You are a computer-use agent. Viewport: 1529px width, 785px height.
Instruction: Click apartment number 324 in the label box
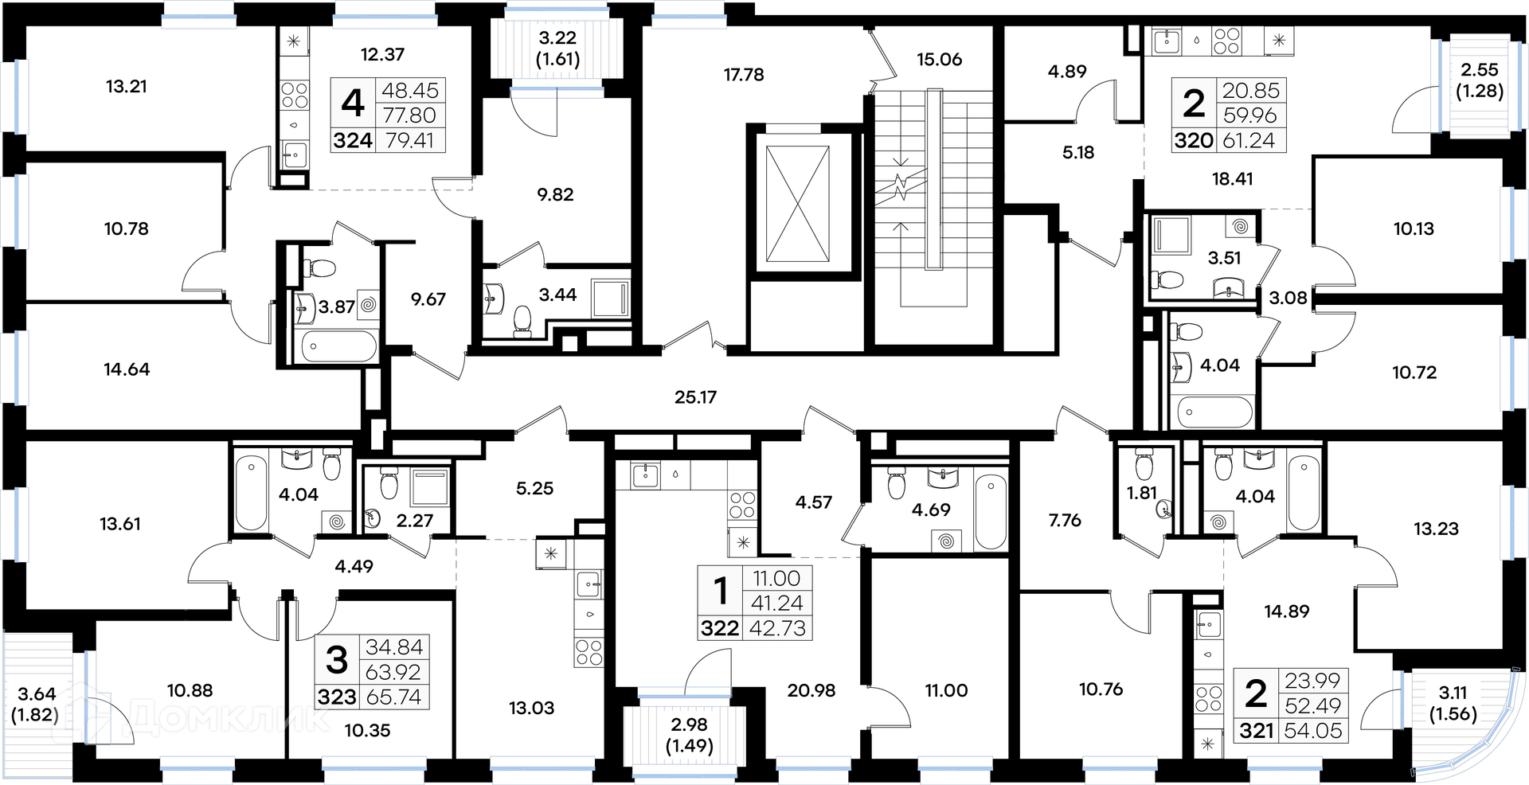pos(353,140)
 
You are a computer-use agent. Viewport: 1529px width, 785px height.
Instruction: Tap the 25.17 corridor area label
pos(695,396)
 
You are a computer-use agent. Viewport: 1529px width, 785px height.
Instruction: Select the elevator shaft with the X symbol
pos(797,204)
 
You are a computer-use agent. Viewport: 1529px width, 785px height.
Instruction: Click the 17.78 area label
pos(744,75)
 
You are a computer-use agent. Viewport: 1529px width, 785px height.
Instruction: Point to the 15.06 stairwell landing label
pos(939,60)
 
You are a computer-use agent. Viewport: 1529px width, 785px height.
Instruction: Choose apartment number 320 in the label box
pos(1194,141)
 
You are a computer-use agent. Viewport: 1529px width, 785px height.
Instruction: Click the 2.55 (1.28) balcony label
pos(1480,80)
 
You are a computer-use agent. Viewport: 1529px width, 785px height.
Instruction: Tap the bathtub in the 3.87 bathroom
pos(339,346)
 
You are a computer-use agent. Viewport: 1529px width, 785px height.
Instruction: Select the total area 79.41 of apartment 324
pos(409,140)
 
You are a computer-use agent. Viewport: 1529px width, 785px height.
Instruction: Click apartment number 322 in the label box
pos(720,628)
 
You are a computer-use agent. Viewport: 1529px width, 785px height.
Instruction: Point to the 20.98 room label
pos(811,691)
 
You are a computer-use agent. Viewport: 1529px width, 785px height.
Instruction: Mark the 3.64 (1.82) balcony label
pos(37,705)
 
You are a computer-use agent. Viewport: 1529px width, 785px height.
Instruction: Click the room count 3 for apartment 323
pos(337,660)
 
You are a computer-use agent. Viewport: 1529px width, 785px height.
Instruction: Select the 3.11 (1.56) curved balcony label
pos(1453,703)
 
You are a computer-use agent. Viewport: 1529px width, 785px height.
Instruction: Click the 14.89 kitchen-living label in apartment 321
pos(1286,611)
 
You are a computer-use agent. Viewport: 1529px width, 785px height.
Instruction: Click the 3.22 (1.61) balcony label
pos(557,48)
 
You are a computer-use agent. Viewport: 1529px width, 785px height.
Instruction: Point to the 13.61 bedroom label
pos(120,524)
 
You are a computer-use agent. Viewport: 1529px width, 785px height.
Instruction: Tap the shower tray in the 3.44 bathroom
pos(611,299)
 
